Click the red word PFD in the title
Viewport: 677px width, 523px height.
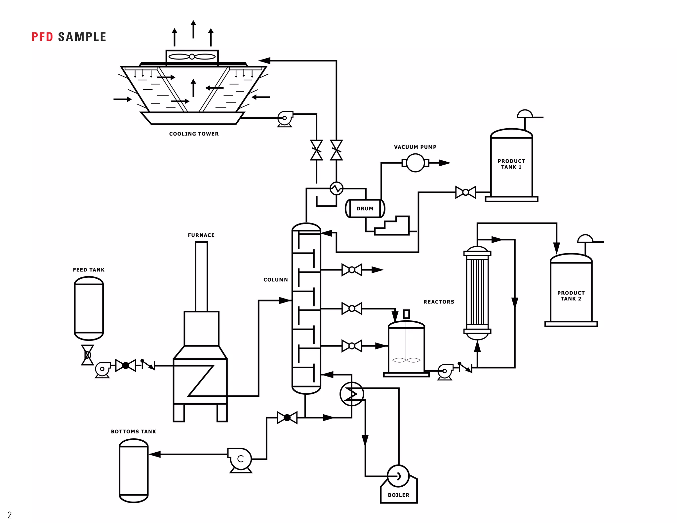tap(42, 37)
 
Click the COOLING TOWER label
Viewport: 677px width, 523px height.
tap(194, 134)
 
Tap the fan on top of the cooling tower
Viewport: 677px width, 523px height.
tap(192, 57)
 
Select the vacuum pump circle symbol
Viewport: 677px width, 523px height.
tap(415, 163)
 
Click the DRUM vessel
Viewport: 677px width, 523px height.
tap(365, 209)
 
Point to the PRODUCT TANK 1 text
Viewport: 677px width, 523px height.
tap(511, 164)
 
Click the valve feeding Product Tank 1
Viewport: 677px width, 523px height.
tap(465, 192)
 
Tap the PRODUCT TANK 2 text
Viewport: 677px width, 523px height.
tap(571, 296)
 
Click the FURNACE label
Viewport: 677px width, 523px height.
tap(201, 235)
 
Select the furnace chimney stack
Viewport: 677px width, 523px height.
tap(201, 276)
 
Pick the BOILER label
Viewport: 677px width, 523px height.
tap(398, 495)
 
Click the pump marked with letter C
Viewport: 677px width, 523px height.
tap(240, 459)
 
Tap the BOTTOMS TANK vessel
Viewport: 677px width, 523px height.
tap(134, 471)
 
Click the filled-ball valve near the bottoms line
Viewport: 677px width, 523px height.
tap(287, 418)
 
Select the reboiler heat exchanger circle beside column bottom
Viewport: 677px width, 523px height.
tap(351, 394)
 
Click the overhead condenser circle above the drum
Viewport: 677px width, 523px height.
tap(337, 189)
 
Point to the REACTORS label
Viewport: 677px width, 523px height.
tap(439, 302)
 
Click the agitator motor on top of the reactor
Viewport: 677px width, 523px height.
tap(406, 314)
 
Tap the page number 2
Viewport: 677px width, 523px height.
tap(10, 515)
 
